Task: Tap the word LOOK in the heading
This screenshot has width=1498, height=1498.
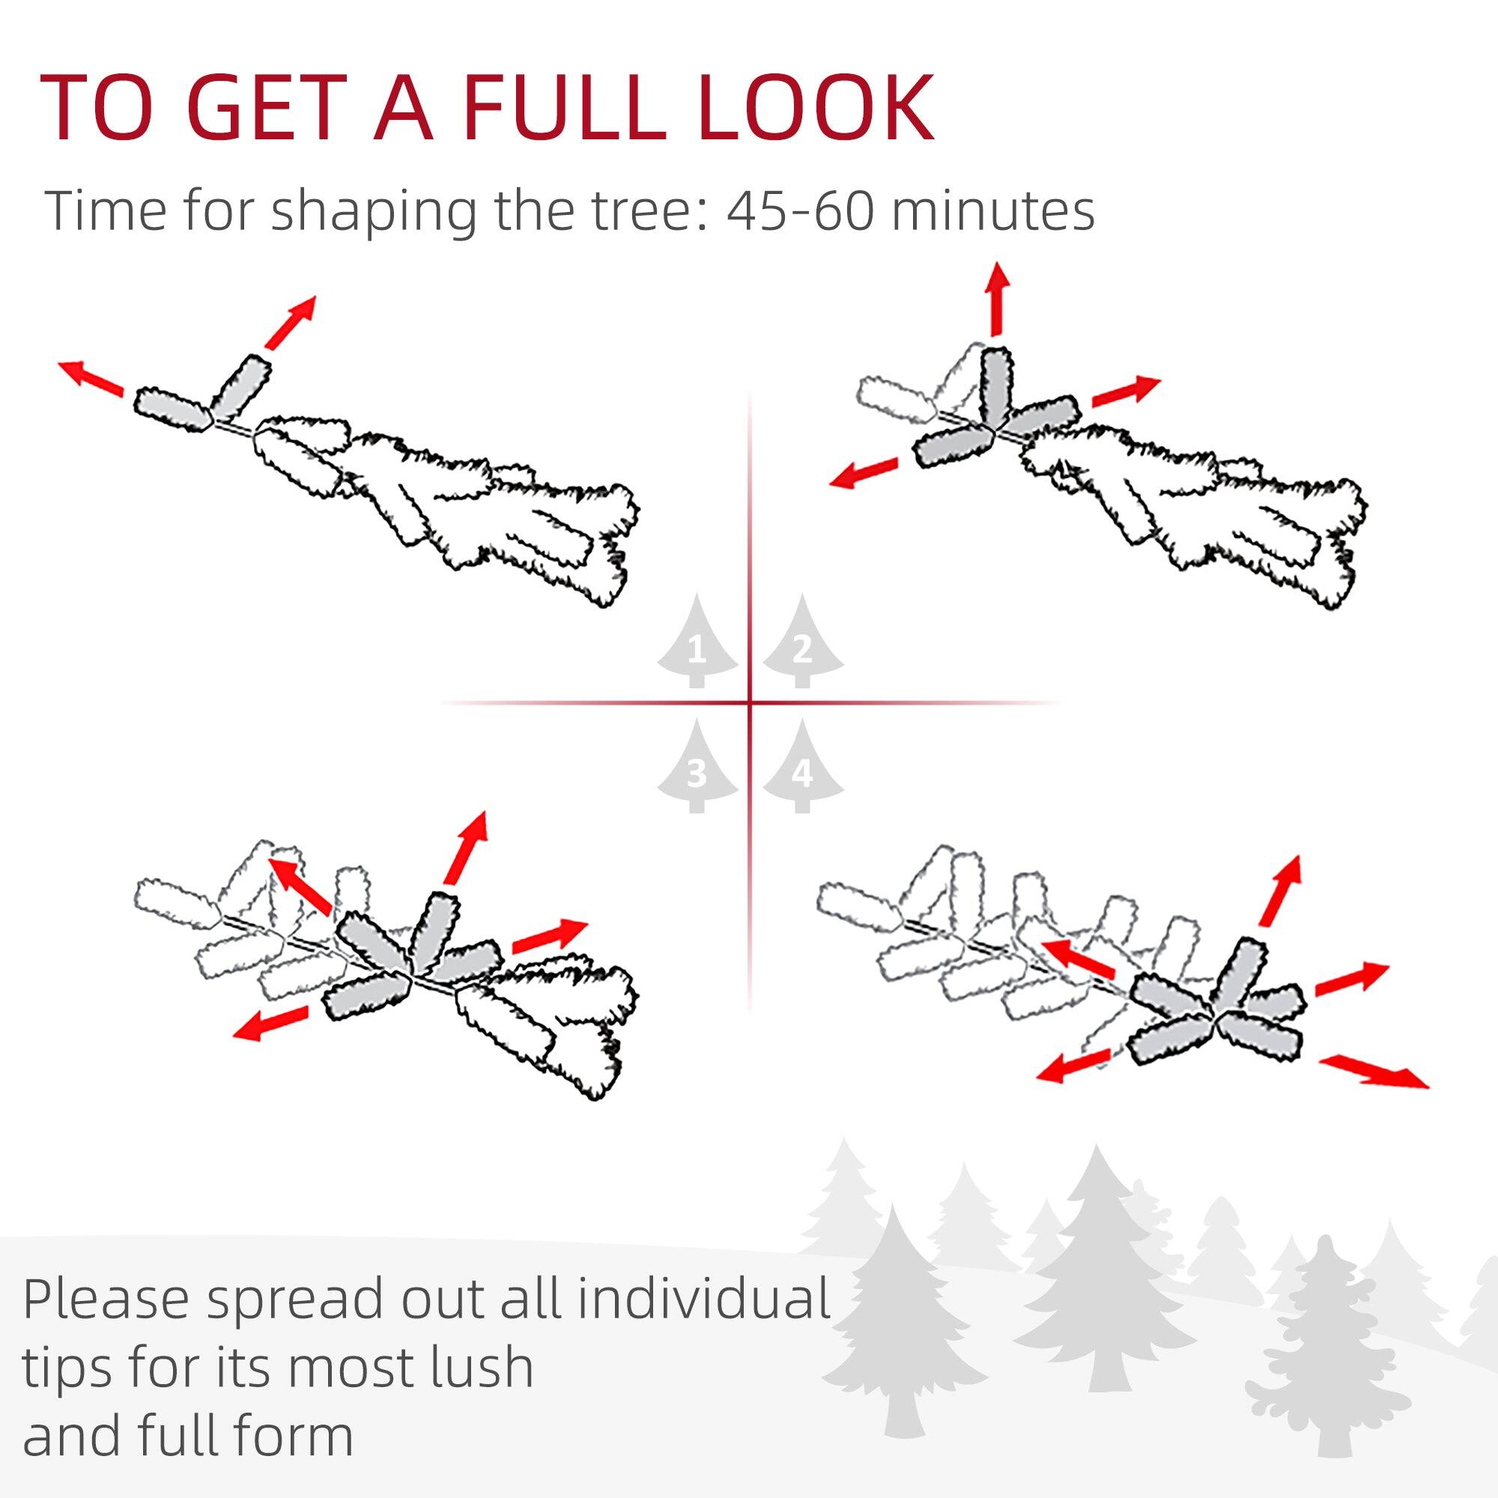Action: click(814, 108)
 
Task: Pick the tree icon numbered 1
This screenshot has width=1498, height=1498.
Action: click(697, 643)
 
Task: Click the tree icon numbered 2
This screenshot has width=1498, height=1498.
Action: click(802, 643)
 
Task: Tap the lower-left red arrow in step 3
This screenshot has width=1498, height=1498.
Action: click(270, 1023)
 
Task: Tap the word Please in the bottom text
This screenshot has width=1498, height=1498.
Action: click(104, 1300)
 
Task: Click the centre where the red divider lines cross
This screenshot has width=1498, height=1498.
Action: click(750, 703)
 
